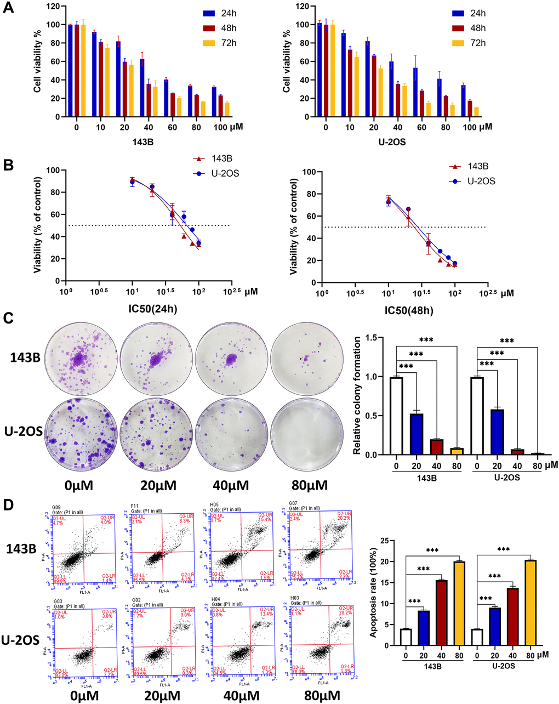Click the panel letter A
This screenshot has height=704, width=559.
(9, 10)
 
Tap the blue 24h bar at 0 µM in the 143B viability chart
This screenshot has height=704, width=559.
(70, 71)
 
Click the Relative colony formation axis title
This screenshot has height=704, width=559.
(357, 396)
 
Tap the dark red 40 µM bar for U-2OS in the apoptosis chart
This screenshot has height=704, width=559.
(512, 617)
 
